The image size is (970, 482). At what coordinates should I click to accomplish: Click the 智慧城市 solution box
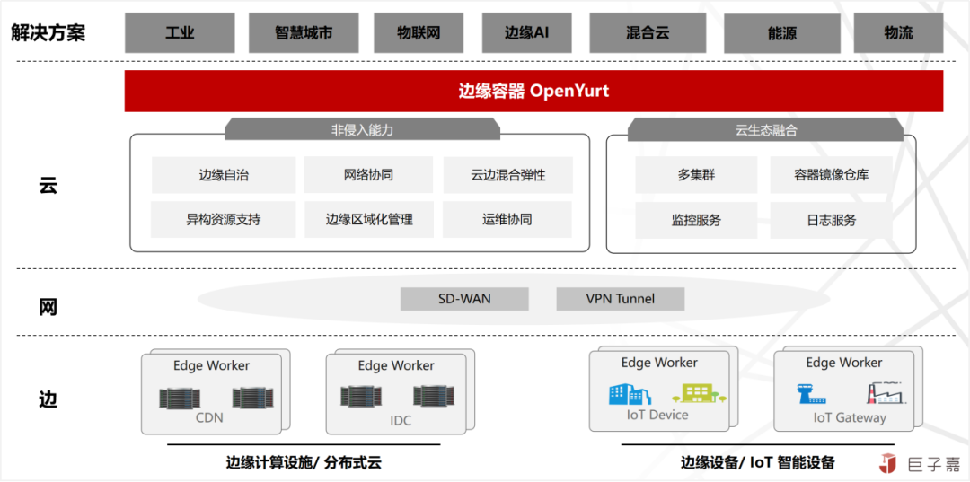(304, 32)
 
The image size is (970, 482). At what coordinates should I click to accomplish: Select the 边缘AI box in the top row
(526, 32)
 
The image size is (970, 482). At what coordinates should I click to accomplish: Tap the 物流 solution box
(898, 32)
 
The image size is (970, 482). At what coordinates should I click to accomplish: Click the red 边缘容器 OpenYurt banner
(533, 91)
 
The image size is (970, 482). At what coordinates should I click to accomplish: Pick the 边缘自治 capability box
(224, 175)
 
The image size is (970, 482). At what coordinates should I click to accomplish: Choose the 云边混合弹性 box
(507, 175)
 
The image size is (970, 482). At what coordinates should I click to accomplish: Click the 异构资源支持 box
(224, 219)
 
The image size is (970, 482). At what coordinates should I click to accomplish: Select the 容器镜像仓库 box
(831, 175)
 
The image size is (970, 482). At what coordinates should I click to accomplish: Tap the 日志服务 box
(831, 220)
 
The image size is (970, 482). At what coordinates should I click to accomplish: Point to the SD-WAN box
(464, 299)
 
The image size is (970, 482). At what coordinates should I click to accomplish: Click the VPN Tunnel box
(621, 299)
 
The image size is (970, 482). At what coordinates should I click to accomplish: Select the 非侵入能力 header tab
(362, 130)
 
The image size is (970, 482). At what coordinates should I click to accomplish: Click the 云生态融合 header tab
(765, 130)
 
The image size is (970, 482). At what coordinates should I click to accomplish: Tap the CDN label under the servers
(209, 417)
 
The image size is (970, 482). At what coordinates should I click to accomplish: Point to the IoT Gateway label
(850, 417)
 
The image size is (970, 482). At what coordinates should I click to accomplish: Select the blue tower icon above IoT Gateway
(811, 393)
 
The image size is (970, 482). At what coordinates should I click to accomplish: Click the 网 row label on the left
(48, 307)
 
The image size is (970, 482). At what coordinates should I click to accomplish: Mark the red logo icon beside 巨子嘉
(888, 463)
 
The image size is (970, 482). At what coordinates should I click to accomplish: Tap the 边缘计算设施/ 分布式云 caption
(304, 463)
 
